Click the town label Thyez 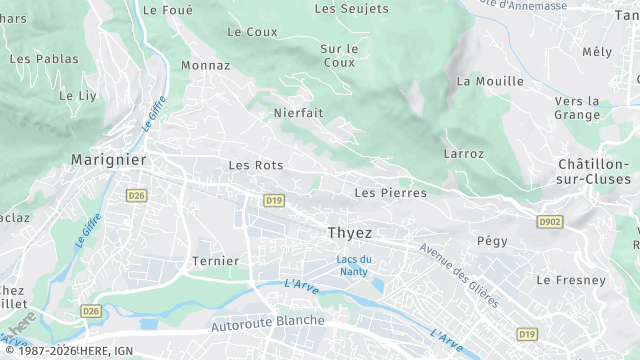(350, 232)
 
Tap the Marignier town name (108, 159)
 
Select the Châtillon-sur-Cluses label (594, 170)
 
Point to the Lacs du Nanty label (353, 265)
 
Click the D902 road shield (548, 221)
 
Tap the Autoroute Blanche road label (268, 322)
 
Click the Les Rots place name (256, 165)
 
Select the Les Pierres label (390, 192)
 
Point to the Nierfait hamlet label (298, 113)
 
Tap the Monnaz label (206, 65)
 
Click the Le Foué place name (167, 9)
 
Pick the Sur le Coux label (339, 55)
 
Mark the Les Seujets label (351, 9)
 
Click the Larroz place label (463, 154)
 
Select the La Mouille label (490, 81)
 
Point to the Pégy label (492, 241)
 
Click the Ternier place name (215, 261)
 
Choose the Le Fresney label (571, 280)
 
